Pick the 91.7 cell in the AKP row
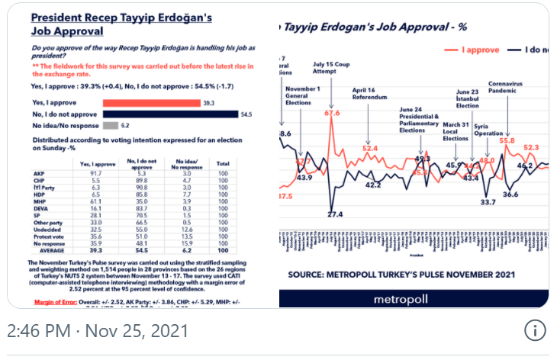point(89,174)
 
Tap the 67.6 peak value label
point(332,113)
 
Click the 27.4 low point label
point(335,214)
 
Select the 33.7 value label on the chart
point(488,202)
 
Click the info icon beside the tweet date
point(536,331)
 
